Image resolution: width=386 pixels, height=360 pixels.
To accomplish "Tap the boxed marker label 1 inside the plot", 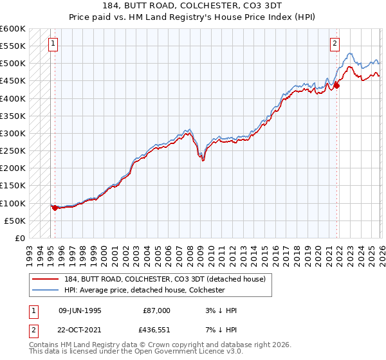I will (x=51, y=44).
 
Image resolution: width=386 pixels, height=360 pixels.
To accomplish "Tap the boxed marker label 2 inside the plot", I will (x=335, y=44).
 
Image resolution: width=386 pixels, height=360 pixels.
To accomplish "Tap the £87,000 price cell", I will (x=156, y=310).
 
